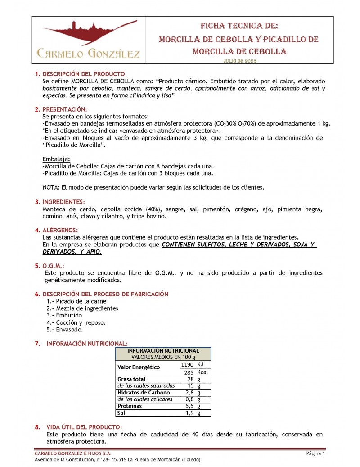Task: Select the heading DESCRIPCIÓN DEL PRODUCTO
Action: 83,74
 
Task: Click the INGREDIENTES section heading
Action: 63,202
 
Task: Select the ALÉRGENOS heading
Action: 60,230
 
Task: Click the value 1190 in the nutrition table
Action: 187,364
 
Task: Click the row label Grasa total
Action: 131,379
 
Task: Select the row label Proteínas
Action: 130,406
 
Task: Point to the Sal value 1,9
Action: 190,413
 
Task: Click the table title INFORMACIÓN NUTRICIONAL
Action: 163,350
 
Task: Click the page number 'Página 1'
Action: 316,453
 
